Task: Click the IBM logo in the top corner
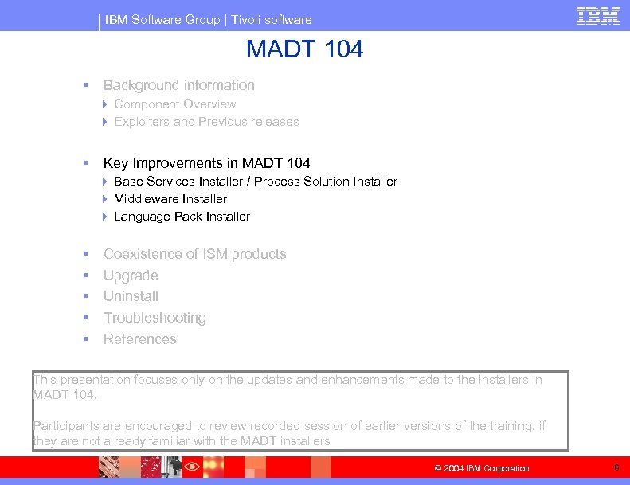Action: pos(598,15)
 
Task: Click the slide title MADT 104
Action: pos(304,49)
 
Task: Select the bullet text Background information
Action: pos(179,85)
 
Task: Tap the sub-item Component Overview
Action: pos(174,104)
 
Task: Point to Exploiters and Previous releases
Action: pos(206,122)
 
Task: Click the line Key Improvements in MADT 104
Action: pos(206,163)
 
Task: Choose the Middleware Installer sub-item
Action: pos(170,199)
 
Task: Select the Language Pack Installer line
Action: pos(182,217)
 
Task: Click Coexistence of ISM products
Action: pos(194,254)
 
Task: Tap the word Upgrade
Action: pos(131,276)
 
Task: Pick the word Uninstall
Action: pos(131,296)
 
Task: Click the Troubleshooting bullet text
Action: pos(155,318)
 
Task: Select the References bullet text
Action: pos(139,339)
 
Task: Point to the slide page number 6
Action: pos(616,467)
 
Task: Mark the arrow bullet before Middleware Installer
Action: pos(106,199)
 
